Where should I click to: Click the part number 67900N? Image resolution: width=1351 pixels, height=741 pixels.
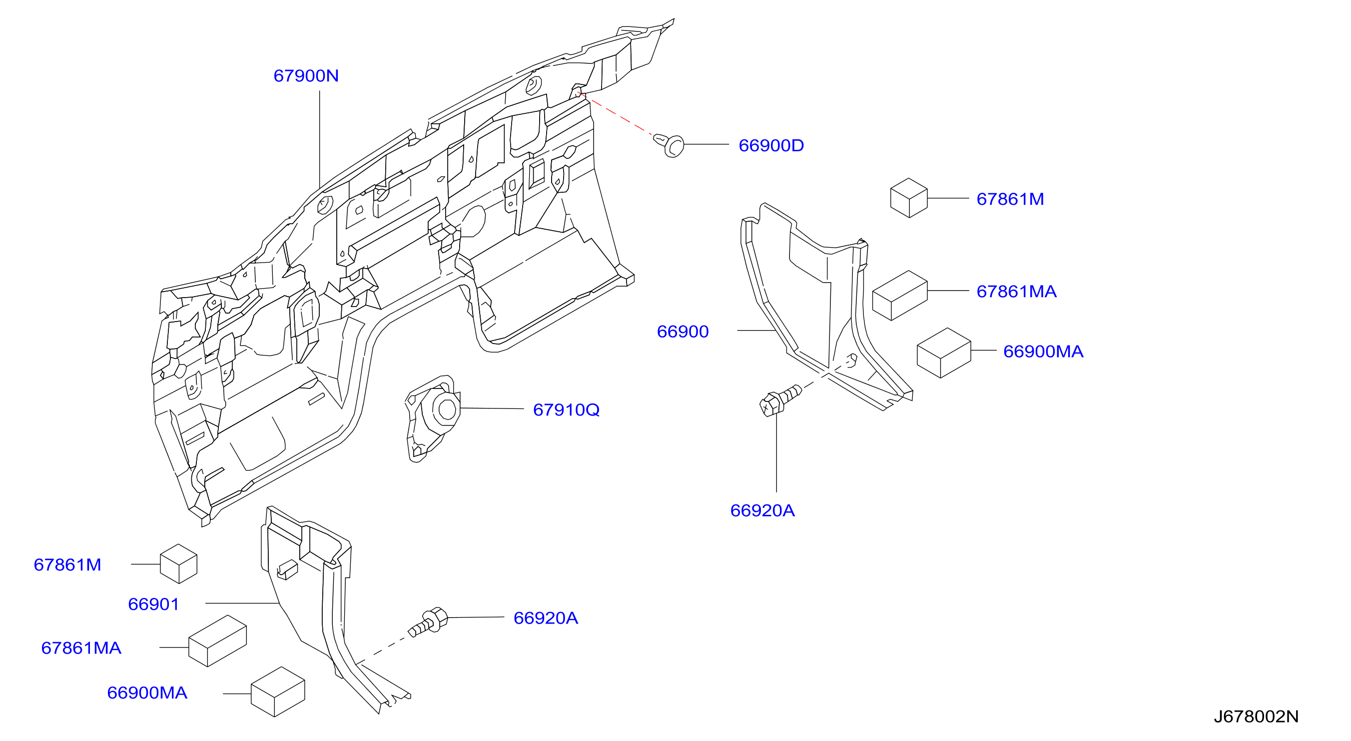click(x=306, y=76)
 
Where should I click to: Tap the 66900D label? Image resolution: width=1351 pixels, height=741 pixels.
click(x=771, y=146)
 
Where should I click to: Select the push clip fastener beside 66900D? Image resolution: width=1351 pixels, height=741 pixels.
click(x=669, y=145)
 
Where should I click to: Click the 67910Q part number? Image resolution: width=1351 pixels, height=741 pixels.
click(x=566, y=410)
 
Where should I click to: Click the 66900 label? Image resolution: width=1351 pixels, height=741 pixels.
click(x=682, y=332)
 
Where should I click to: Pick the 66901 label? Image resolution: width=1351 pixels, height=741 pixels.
click(x=153, y=604)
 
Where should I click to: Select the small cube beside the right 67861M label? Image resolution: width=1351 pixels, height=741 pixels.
click(x=909, y=198)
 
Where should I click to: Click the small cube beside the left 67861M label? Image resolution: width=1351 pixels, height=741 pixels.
click(x=178, y=564)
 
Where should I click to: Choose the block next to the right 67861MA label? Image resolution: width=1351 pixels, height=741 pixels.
click(x=900, y=296)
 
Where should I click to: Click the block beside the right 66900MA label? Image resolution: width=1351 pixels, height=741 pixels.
click(x=944, y=353)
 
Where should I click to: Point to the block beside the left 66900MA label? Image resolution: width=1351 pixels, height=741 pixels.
click(x=278, y=692)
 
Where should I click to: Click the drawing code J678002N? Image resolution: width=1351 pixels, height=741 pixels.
click(x=1256, y=717)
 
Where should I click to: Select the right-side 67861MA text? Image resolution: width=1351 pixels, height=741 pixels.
click(x=1016, y=292)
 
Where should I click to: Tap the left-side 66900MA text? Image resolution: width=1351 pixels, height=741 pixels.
click(x=147, y=693)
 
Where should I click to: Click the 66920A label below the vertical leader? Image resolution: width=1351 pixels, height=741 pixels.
click(x=762, y=510)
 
